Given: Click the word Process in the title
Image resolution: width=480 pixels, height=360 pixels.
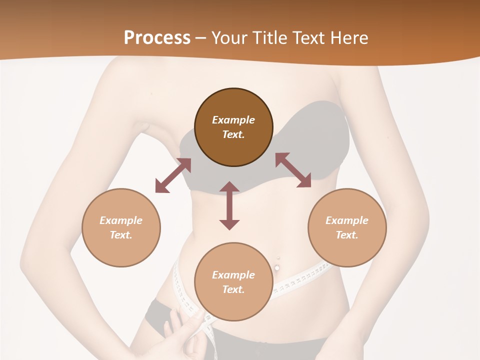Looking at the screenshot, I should (157, 37).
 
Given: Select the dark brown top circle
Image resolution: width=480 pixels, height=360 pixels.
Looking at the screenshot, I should (233, 127).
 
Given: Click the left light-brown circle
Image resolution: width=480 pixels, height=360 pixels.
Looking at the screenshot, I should (121, 227).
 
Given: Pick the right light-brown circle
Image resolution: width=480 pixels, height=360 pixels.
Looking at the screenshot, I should (347, 227).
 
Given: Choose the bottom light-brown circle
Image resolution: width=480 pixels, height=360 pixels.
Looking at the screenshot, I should (233, 282).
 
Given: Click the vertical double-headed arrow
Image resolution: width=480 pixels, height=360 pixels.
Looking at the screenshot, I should (229, 206).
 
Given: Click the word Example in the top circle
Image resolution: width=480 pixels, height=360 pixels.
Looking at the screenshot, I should (233, 120).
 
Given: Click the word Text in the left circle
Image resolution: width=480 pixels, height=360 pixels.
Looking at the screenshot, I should (121, 235).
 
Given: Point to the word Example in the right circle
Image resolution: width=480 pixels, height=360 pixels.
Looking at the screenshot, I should (347, 220).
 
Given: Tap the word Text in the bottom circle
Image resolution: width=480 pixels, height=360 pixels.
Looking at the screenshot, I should (233, 289).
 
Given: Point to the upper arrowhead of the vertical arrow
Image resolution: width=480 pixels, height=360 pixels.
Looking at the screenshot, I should (229, 187).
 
